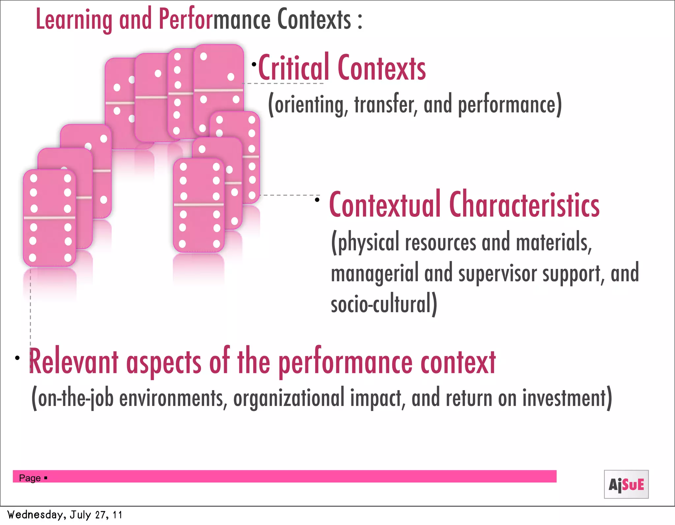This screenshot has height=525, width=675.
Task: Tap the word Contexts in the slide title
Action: point(314,20)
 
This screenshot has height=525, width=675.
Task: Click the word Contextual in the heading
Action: point(385,205)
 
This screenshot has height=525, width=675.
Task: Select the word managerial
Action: point(374,274)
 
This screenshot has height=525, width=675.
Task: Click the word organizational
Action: point(289,398)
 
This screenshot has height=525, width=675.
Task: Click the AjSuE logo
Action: point(626,484)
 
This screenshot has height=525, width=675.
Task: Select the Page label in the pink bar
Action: point(30,478)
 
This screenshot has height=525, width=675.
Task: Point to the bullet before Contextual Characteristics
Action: point(317,200)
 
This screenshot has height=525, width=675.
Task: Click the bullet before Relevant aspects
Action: point(17,358)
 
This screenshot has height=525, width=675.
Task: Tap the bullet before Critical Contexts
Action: point(254,64)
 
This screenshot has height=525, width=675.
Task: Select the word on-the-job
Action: point(76,398)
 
